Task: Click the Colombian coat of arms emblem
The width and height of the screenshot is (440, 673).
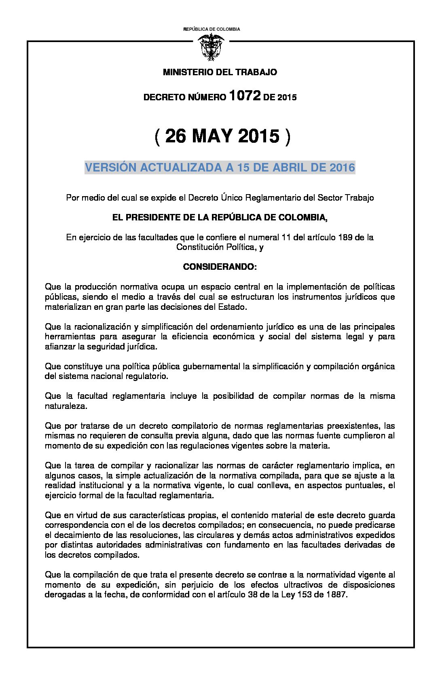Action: click(211, 47)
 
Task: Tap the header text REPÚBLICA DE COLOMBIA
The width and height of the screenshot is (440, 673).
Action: click(212, 29)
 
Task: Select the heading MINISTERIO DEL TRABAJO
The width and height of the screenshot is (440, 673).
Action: click(220, 72)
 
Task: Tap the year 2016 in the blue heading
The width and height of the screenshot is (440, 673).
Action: click(342, 167)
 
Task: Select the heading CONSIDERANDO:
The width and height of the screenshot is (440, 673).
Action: click(220, 267)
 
